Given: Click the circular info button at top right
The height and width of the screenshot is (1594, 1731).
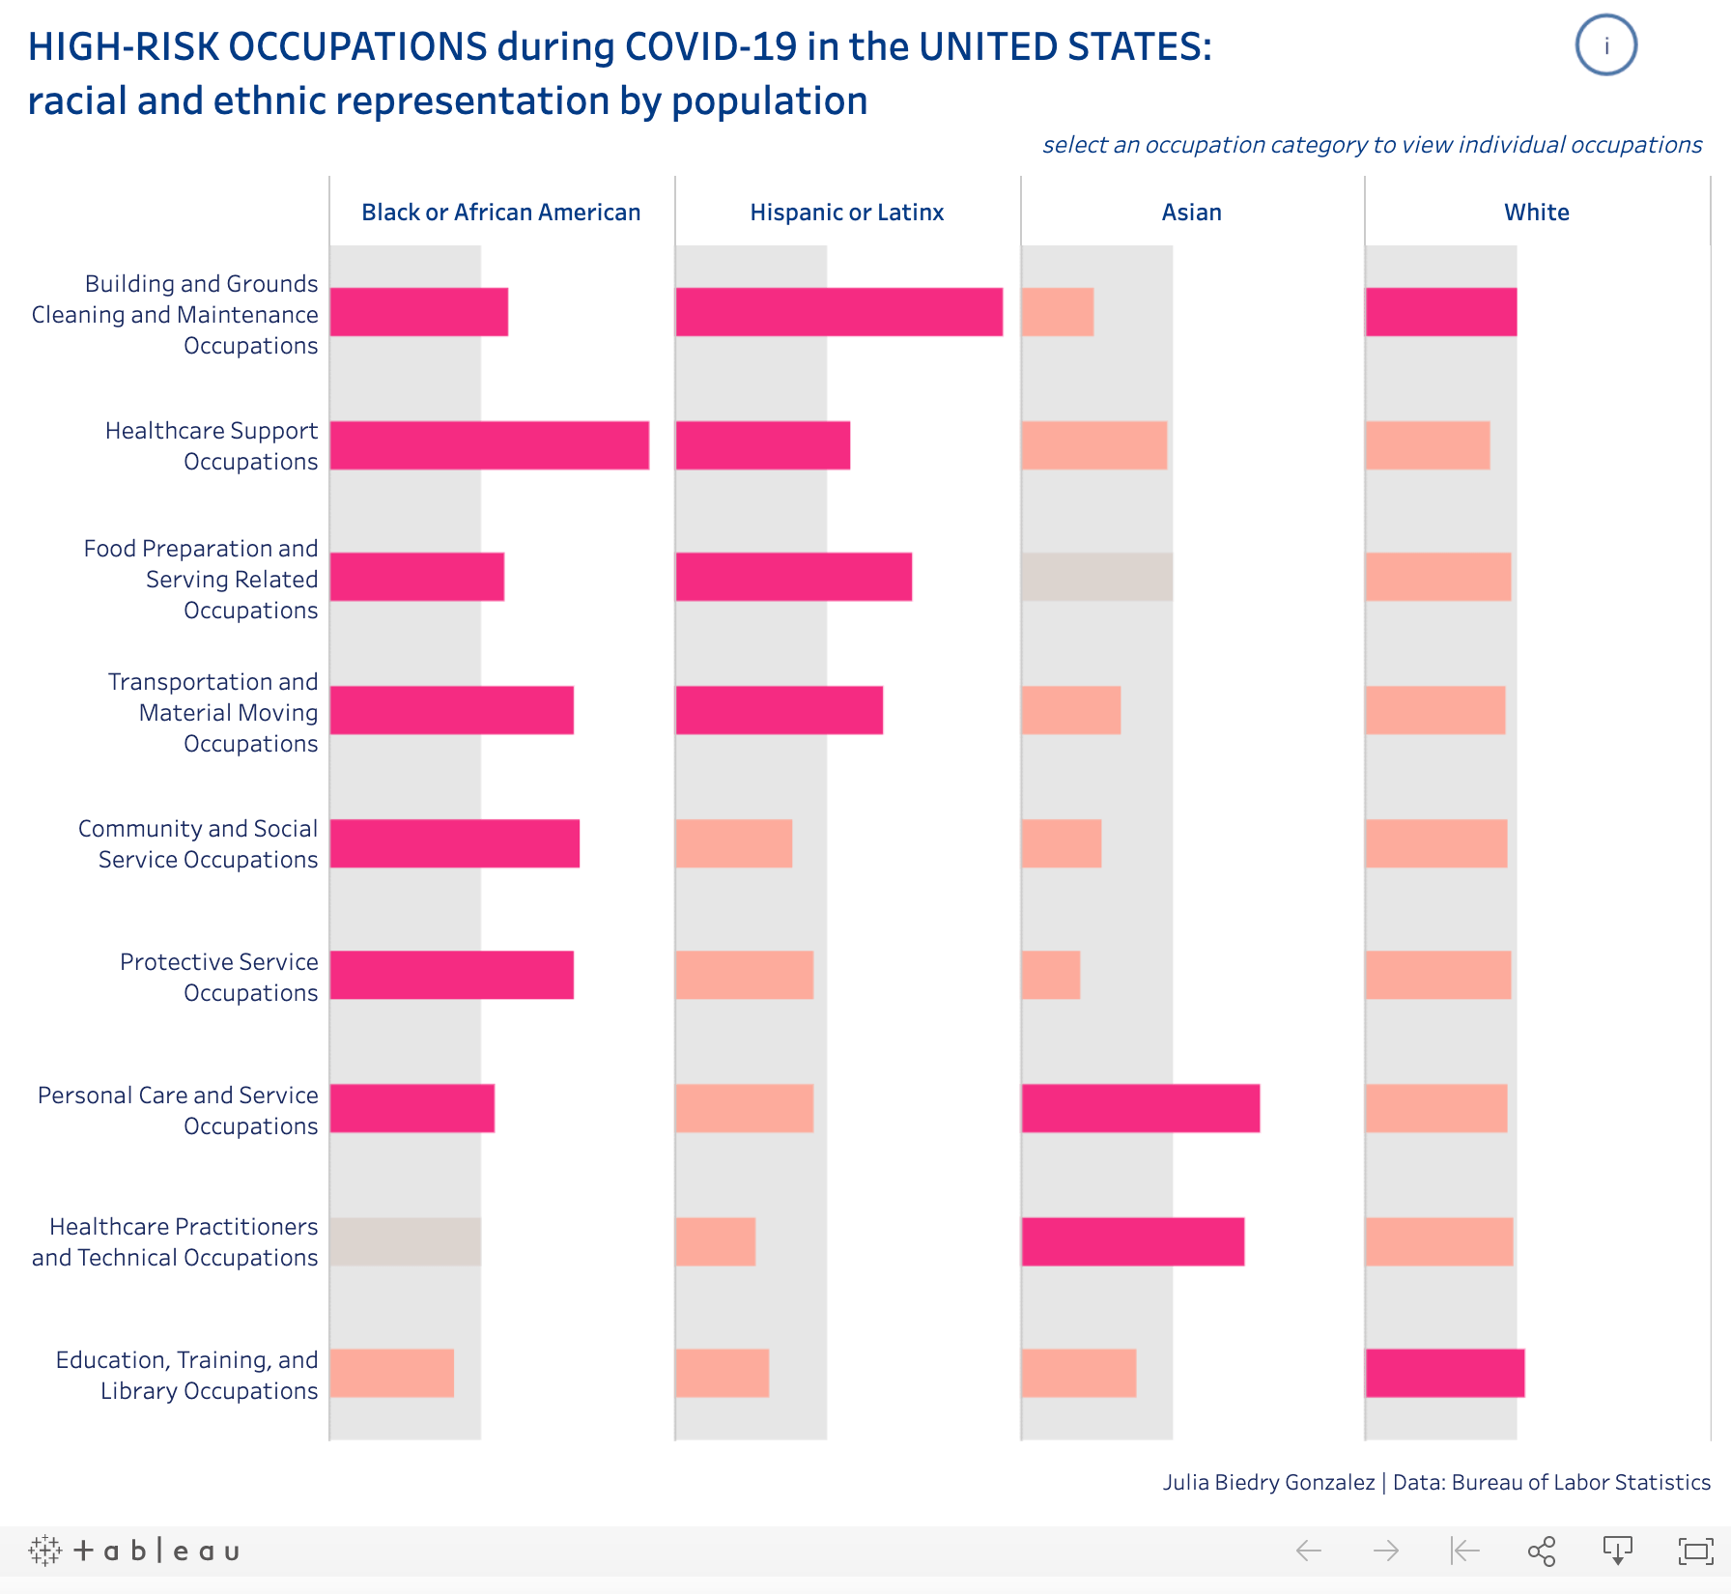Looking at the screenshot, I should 1605,45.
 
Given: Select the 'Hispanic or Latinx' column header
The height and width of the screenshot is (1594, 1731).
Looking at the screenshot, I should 846,213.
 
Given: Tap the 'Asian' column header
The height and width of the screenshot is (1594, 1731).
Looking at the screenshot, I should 1191,213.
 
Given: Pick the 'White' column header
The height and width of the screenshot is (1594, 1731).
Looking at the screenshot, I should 1536,213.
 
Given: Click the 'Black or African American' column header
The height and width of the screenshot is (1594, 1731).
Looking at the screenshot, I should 500,213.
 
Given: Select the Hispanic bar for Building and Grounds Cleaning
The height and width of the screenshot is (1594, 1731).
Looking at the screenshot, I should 838,312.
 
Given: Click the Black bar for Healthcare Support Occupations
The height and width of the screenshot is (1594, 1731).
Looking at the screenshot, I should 489,445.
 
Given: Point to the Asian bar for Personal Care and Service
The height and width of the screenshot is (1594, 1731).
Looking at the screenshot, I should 1140,1108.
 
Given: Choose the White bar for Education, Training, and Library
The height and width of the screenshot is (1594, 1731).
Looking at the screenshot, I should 1444,1373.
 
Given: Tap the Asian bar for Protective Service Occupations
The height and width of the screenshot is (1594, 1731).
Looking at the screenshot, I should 1050,975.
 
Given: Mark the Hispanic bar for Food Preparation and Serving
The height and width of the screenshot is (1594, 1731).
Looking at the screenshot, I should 793,577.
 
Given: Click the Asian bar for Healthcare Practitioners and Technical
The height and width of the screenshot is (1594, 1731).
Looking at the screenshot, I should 1132,1241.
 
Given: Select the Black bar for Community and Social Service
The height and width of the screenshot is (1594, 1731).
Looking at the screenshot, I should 454,843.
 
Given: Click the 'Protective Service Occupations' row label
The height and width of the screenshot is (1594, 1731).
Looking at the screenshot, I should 219,977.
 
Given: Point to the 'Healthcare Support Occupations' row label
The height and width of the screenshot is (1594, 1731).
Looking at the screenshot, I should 212,445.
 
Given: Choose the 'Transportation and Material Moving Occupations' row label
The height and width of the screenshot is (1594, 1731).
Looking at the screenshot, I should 213,712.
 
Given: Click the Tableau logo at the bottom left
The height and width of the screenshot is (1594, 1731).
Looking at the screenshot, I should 134,1551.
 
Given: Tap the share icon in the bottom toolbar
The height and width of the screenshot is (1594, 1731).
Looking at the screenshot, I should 1542,1551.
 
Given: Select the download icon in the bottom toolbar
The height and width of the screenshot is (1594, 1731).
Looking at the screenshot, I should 1618,1551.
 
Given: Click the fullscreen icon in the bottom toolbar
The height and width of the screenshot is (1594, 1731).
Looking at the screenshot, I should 1695,1551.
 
